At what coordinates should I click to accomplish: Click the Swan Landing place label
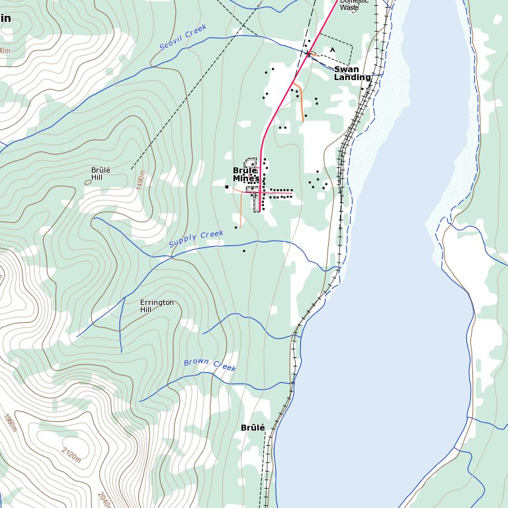(352, 73)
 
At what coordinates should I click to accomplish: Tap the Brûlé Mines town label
(245, 175)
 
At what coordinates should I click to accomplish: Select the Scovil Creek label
(183, 38)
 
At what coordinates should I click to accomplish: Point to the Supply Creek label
(196, 239)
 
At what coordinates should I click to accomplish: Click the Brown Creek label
(210, 364)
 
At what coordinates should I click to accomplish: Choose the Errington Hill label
(157, 306)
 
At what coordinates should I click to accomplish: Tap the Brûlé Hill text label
(101, 173)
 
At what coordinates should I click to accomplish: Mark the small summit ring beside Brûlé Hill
(89, 182)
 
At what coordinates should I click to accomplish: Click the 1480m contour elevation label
(140, 180)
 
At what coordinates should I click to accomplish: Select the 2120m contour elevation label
(71, 454)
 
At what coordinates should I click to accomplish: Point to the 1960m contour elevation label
(9, 423)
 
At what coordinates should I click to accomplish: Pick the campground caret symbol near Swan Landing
(333, 49)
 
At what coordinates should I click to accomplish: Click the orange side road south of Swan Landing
(301, 103)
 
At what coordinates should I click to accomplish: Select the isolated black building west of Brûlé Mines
(227, 187)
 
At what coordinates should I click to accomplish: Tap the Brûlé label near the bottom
(253, 428)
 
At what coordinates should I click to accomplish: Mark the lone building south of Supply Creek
(243, 251)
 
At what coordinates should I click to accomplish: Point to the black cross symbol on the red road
(308, 54)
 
